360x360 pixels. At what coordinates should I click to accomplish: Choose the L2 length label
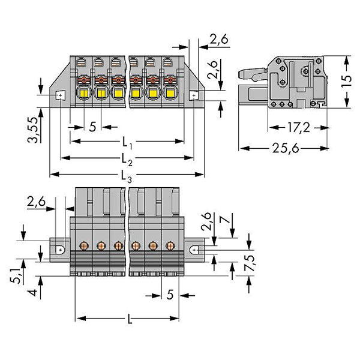[x=127, y=160]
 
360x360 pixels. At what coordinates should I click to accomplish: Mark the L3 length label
[x=127, y=176]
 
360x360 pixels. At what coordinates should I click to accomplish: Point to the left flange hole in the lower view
[x=61, y=249]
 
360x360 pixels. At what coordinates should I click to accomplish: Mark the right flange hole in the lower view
[x=194, y=248]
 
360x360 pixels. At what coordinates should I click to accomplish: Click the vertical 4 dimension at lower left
[x=36, y=293]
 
